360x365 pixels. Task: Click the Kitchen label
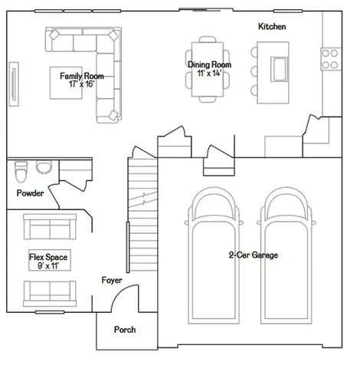pos(272,26)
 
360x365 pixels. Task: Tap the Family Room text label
pos(82,76)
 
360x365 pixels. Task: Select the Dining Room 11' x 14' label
pos(209,68)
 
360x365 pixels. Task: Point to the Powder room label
pos(30,193)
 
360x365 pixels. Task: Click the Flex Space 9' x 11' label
pos(48,261)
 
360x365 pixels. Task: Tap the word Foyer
pos(112,280)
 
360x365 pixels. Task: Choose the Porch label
pos(125,330)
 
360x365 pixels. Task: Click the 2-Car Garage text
pos(254,255)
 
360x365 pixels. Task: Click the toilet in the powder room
pos(21,172)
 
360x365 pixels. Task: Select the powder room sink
pos(44,167)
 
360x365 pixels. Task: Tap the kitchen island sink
pos(279,70)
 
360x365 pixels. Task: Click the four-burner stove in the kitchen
pos(331,59)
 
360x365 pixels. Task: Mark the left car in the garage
pos(214,255)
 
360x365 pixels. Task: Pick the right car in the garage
pos(286,255)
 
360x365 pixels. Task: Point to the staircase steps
pos(142,215)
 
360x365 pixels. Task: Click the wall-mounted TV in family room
pos(14,84)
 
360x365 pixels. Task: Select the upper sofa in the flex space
pos(50,227)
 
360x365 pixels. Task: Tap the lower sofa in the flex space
pos(50,294)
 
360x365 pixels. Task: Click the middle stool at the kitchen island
pos(254,71)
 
